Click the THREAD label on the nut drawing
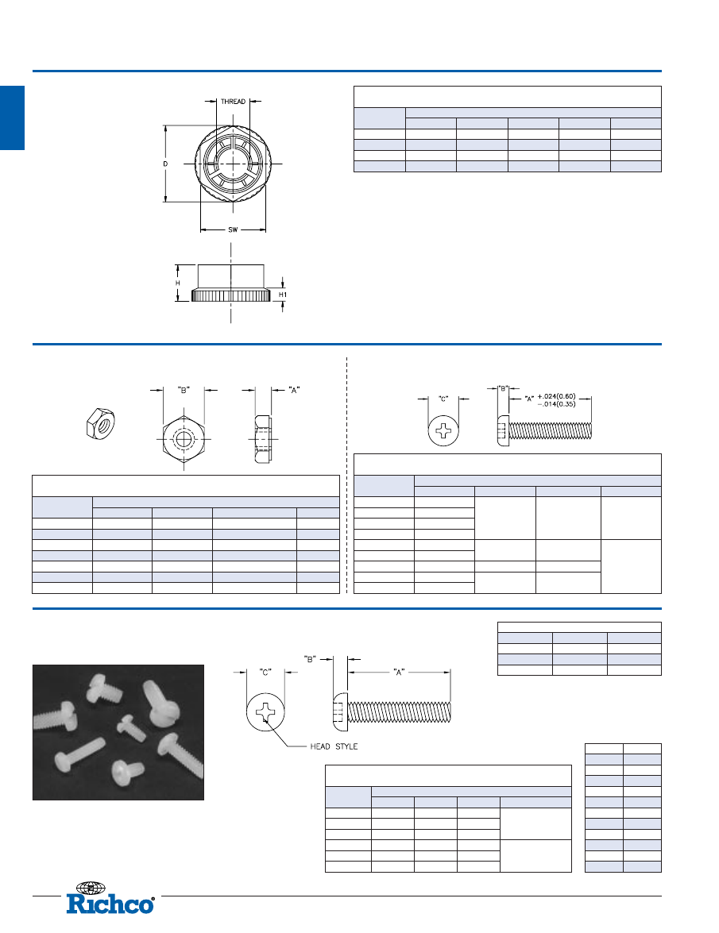(x=233, y=102)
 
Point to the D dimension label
(x=165, y=164)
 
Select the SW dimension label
(x=233, y=229)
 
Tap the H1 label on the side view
(x=283, y=295)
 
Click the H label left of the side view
(x=177, y=283)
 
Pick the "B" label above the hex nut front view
(x=184, y=391)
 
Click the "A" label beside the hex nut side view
(x=294, y=391)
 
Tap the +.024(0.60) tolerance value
(x=556, y=397)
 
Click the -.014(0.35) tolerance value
(x=556, y=404)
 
